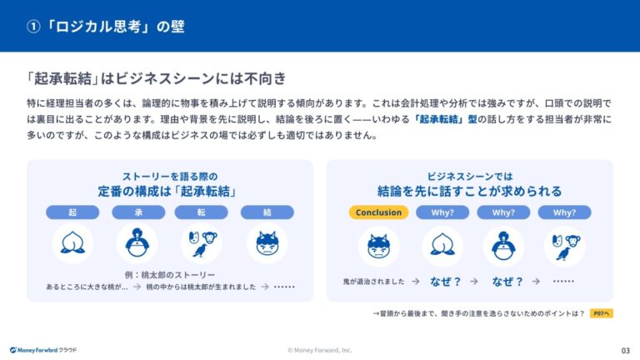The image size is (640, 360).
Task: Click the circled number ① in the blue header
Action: (33, 27)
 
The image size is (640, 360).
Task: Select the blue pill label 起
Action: (72, 212)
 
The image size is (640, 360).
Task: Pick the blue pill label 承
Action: (137, 212)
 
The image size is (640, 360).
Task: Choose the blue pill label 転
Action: (202, 212)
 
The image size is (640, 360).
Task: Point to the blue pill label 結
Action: (267, 212)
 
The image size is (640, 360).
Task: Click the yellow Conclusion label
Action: (378, 212)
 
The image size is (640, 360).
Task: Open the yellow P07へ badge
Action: (601, 313)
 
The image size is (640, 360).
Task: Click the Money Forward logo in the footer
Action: (43, 350)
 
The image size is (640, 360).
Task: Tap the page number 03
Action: (625, 350)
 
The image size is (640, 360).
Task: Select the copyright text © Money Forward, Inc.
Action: (320, 350)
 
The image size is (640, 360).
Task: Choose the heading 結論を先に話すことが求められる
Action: (470, 192)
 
